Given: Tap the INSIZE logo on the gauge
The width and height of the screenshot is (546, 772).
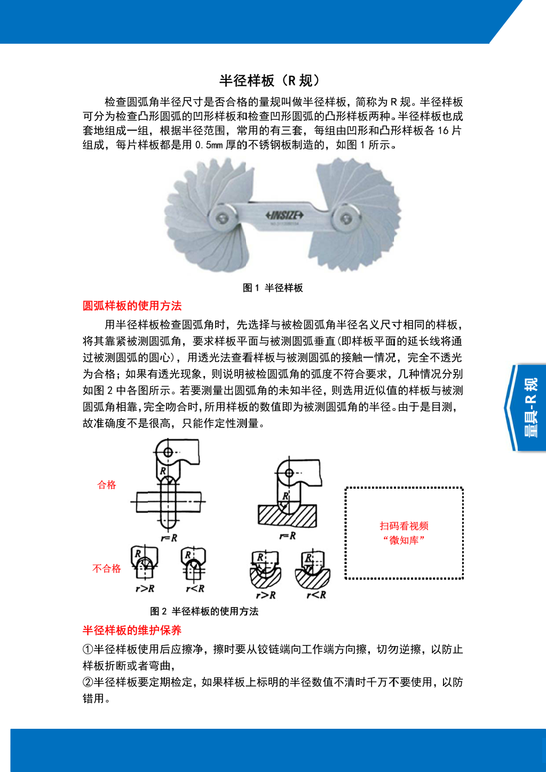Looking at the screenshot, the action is (284, 215).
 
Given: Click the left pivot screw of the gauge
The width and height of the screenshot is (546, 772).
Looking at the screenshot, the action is (221, 218).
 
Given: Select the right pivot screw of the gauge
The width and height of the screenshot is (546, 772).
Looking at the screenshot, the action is (346, 219).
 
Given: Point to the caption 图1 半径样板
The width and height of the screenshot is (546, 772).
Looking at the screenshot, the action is (273, 288).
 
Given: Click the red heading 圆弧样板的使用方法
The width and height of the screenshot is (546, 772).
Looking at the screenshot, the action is (132, 306).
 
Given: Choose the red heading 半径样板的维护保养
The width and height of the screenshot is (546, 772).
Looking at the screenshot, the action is (132, 631).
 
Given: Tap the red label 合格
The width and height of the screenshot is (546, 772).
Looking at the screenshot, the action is (107, 485).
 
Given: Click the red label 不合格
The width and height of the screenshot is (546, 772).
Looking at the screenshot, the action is (107, 569).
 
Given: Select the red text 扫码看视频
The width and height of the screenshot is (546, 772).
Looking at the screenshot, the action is (404, 526).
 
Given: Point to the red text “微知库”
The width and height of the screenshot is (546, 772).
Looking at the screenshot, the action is (404, 540).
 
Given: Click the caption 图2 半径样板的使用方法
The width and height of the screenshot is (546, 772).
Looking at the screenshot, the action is (204, 611).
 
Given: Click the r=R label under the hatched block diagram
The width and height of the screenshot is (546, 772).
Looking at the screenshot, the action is (288, 536).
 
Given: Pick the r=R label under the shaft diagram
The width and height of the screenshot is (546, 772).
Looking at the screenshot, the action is (169, 538).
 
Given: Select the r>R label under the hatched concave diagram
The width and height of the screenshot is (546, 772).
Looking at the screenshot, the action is (266, 595).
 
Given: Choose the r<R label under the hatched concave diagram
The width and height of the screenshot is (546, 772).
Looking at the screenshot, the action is (316, 594).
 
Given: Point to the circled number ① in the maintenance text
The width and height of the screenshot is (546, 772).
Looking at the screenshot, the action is (88, 649).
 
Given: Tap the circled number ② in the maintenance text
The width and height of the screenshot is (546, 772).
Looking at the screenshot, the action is (88, 682).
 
